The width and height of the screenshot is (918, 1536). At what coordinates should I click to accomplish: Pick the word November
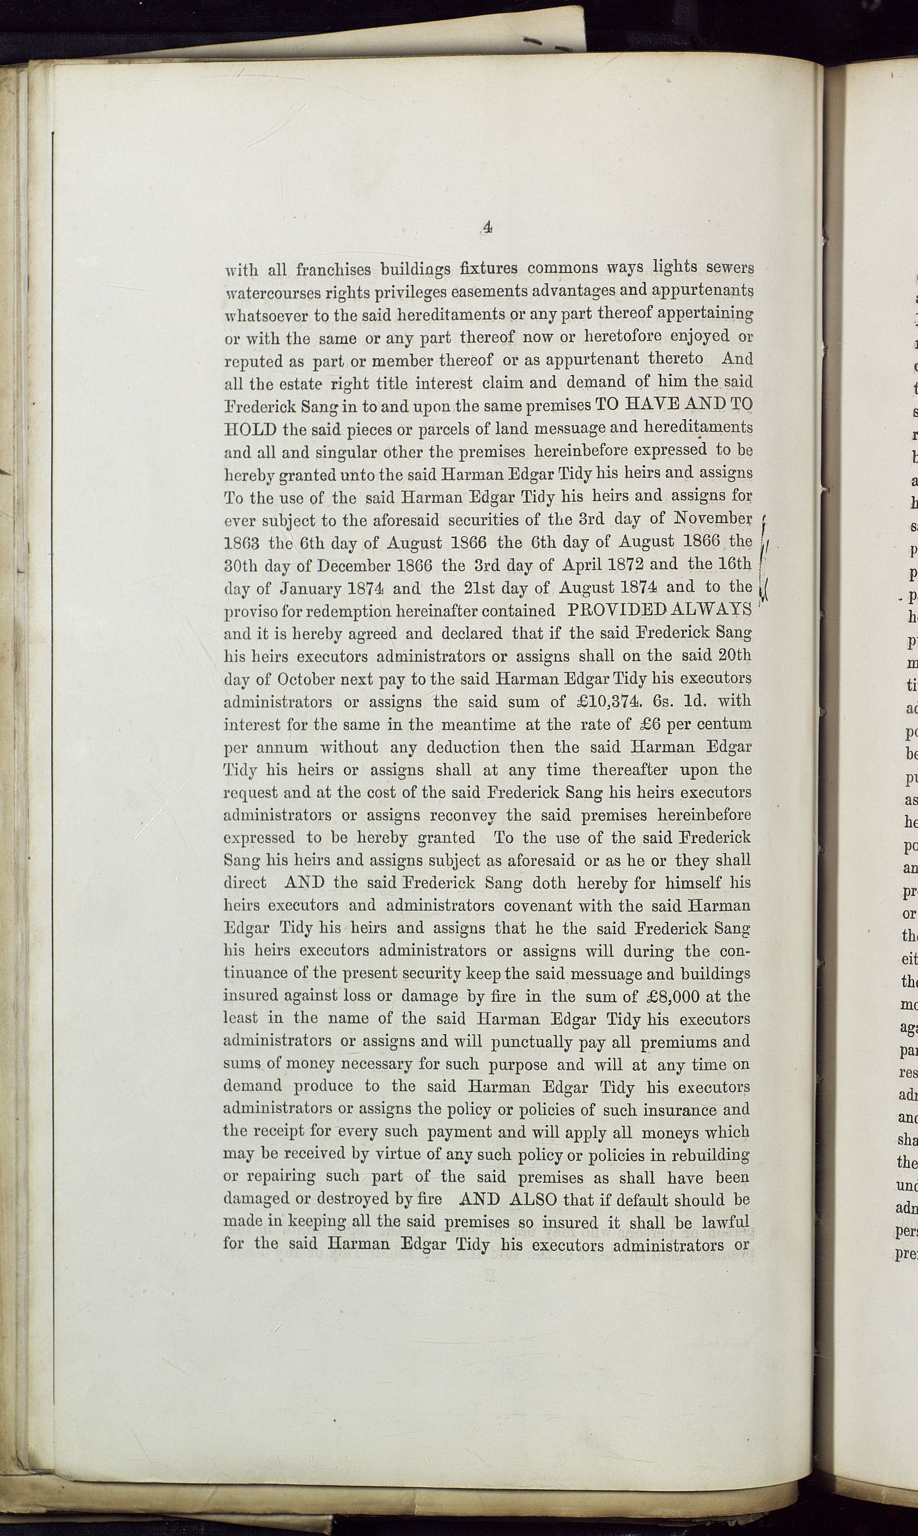pos(712,518)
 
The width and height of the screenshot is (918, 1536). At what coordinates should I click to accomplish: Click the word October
pos(305,679)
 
